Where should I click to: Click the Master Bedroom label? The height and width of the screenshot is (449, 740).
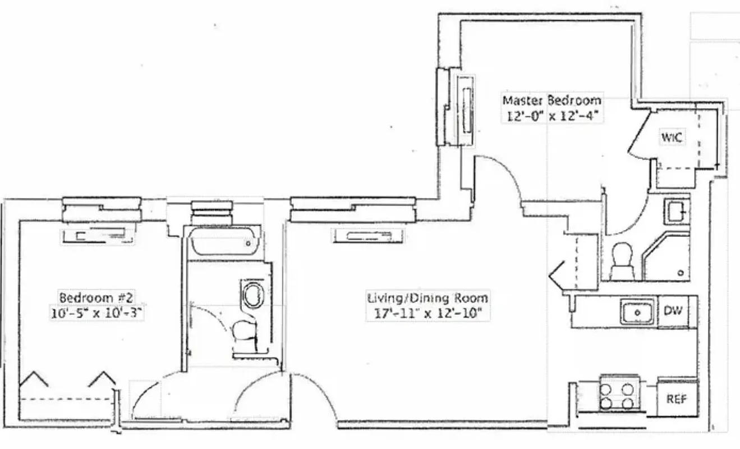click(x=551, y=100)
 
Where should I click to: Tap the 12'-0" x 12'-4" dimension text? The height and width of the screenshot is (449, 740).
click(x=551, y=117)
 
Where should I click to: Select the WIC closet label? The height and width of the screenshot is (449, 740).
click(x=672, y=136)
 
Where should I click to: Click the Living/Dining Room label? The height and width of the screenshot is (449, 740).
click(x=427, y=297)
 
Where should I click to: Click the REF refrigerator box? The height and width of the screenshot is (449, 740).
click(x=677, y=399)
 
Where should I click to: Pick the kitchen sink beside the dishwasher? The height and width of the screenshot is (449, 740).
click(x=637, y=311)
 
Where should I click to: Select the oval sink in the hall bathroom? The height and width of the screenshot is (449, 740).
click(x=251, y=294)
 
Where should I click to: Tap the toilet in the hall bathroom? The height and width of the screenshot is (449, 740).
click(x=245, y=336)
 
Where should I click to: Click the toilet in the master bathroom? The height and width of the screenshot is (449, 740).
click(x=621, y=261)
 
